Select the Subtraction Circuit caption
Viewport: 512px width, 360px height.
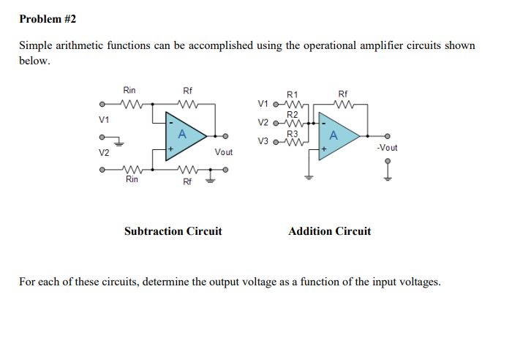point(173,231)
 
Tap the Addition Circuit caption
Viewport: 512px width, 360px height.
point(329,231)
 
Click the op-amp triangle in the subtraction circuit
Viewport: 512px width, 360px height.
point(185,135)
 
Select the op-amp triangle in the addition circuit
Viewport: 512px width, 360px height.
point(337,135)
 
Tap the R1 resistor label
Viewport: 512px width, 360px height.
point(293,94)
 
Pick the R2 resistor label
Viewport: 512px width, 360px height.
point(293,114)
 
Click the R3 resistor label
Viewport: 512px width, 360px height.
point(293,133)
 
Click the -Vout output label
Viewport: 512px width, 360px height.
point(387,147)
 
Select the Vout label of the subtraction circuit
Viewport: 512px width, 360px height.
point(223,152)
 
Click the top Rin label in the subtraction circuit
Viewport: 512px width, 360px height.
point(129,91)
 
